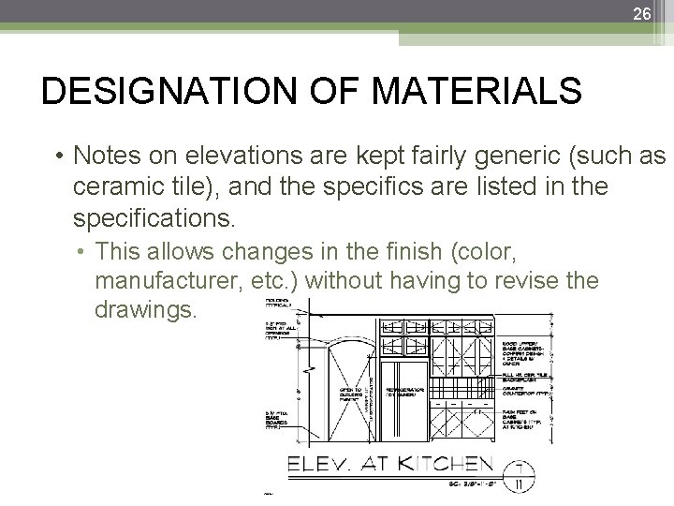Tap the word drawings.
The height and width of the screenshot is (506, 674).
[145, 308]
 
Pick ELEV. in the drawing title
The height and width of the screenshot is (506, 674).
[323, 463]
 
